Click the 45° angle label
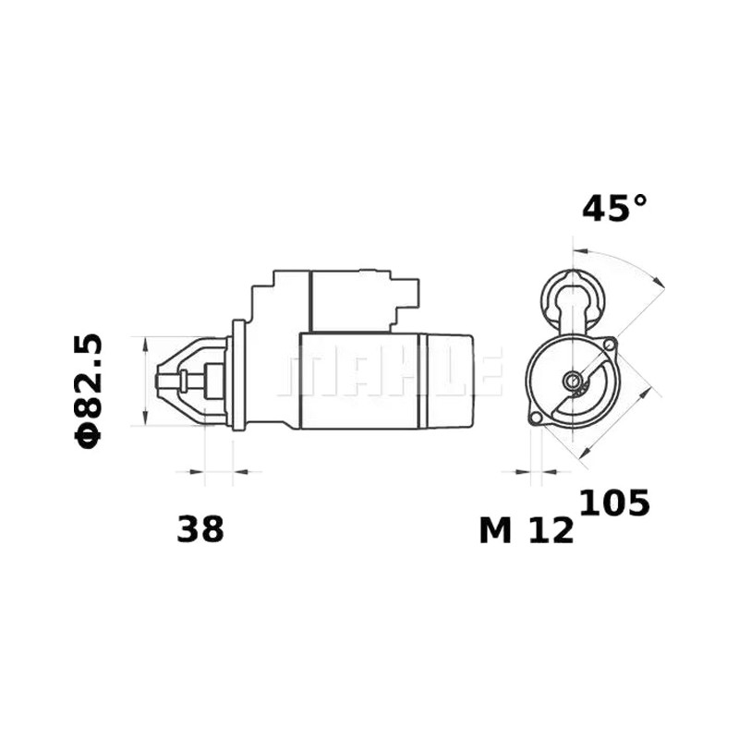pyautogui.click(x=614, y=209)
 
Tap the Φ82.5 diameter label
pyautogui.click(x=88, y=391)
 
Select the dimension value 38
pyautogui.click(x=200, y=528)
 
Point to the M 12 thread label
pyautogui.click(x=527, y=530)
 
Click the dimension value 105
pyautogui.click(x=614, y=503)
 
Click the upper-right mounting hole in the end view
pyautogui.click(x=610, y=345)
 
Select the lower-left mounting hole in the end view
pyautogui.click(x=536, y=418)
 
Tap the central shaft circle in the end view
pyautogui.click(x=573, y=380)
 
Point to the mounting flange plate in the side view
pyautogui.click(x=239, y=375)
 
